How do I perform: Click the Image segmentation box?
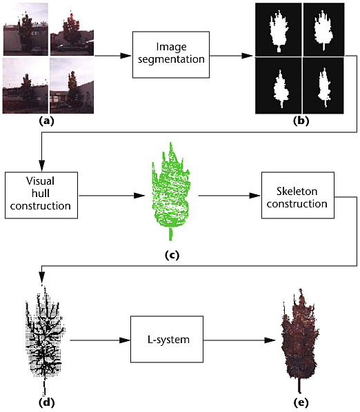(x=171, y=54)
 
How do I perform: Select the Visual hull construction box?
(x=41, y=195)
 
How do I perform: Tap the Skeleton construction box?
(x=298, y=195)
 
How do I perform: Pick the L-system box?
(x=167, y=339)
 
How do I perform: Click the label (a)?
(x=46, y=121)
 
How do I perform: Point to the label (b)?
(x=301, y=121)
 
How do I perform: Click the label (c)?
(x=172, y=255)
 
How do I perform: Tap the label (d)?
(x=47, y=402)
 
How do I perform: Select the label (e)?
(x=301, y=402)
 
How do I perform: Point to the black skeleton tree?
(x=45, y=339)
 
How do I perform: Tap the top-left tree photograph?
(x=26, y=29)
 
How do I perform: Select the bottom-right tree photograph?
(x=72, y=85)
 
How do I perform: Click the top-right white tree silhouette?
(x=323, y=30)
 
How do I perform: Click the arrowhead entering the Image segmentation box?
(x=126, y=56)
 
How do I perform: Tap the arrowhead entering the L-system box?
(x=125, y=340)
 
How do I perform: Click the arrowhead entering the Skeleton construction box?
(x=254, y=196)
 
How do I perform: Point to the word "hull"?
(x=41, y=194)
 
